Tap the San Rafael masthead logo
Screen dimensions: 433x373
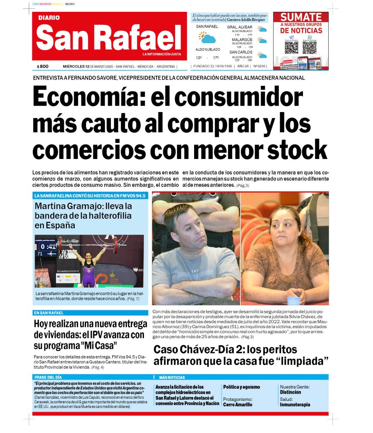point(109,37)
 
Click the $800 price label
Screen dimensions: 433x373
point(43,66)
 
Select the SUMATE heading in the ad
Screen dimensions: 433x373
point(301,17)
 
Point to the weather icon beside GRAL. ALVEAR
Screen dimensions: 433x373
point(262,29)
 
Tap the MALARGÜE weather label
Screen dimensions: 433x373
point(242,40)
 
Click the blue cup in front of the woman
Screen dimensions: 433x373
point(293,301)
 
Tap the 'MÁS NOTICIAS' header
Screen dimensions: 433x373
point(172,377)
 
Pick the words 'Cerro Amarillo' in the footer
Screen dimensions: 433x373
point(238,405)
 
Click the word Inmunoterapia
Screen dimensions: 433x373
point(295,405)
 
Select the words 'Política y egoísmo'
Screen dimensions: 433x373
point(241,387)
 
